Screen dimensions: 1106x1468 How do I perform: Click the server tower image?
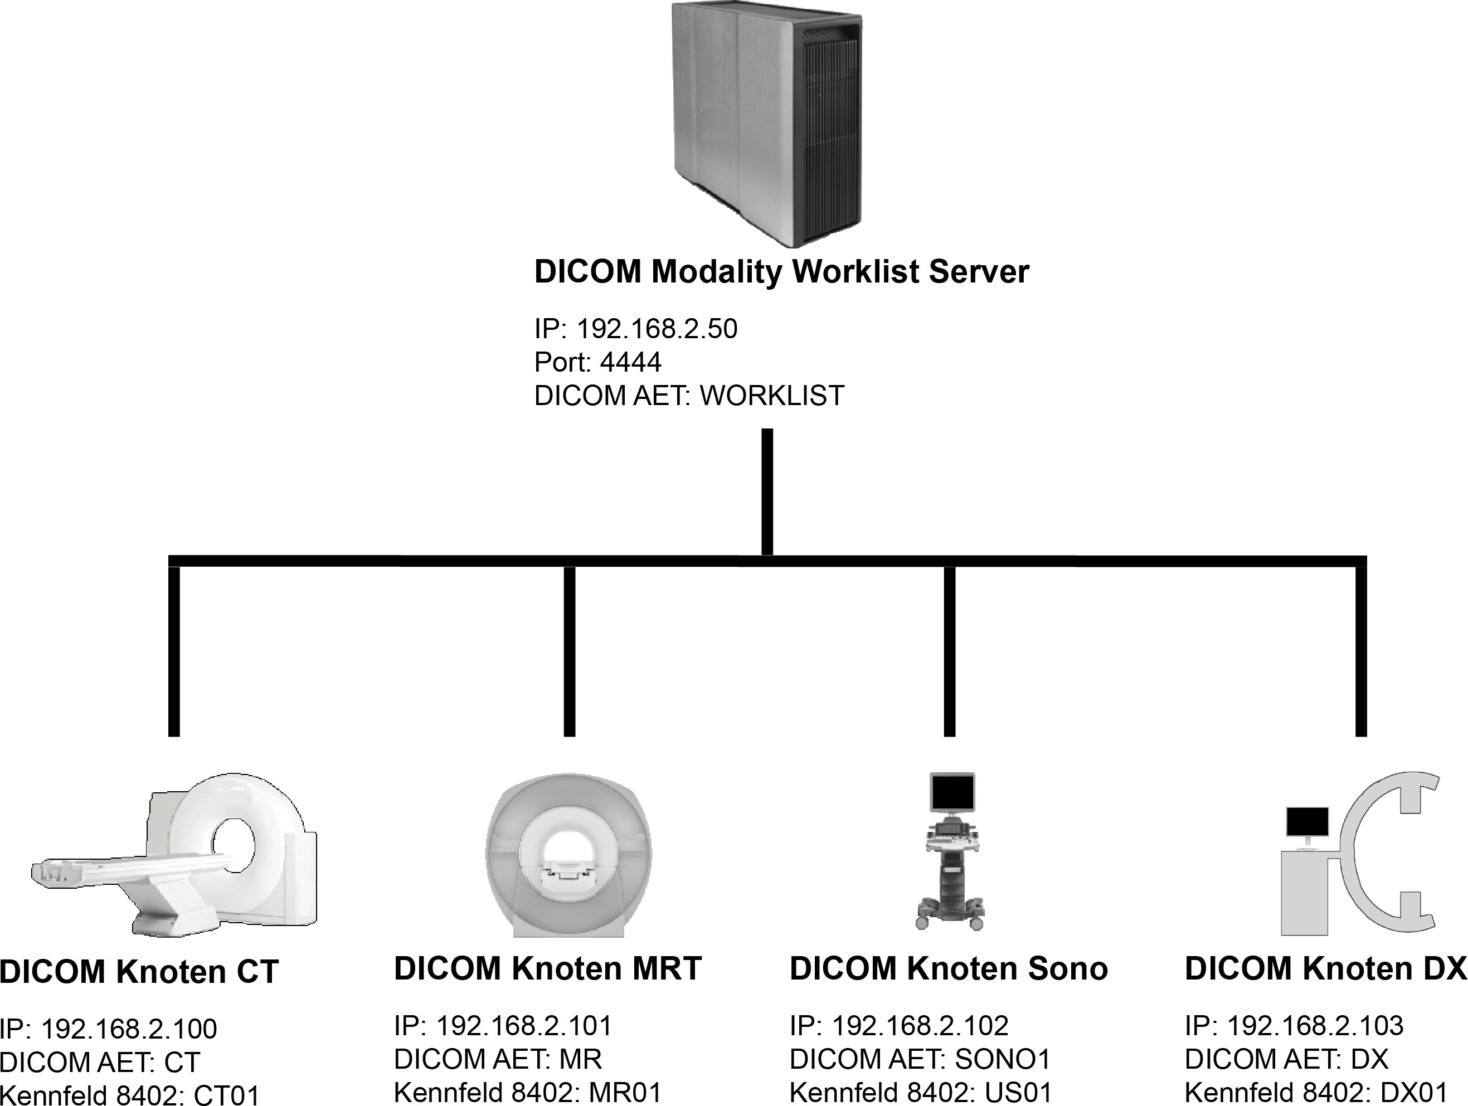(x=766, y=123)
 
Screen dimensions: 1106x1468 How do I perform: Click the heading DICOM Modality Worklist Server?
(x=781, y=272)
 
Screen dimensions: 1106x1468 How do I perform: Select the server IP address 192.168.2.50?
(x=657, y=329)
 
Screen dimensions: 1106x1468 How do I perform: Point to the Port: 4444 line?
(x=597, y=362)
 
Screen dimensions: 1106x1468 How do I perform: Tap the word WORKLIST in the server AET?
(x=772, y=396)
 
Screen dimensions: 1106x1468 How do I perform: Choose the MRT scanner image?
(x=568, y=856)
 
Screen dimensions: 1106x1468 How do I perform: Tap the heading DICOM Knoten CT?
(x=139, y=972)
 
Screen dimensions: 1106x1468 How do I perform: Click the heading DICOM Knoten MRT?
(x=547, y=969)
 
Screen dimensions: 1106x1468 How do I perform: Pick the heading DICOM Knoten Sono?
(x=949, y=969)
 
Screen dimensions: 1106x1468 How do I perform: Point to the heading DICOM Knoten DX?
(x=1325, y=969)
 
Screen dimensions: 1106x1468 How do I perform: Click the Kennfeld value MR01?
(x=625, y=1093)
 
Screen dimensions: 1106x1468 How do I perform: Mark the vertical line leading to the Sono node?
(x=950, y=650)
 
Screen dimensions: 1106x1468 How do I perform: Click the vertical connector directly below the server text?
(x=767, y=491)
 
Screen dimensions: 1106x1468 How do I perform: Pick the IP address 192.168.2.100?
(x=129, y=1029)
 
